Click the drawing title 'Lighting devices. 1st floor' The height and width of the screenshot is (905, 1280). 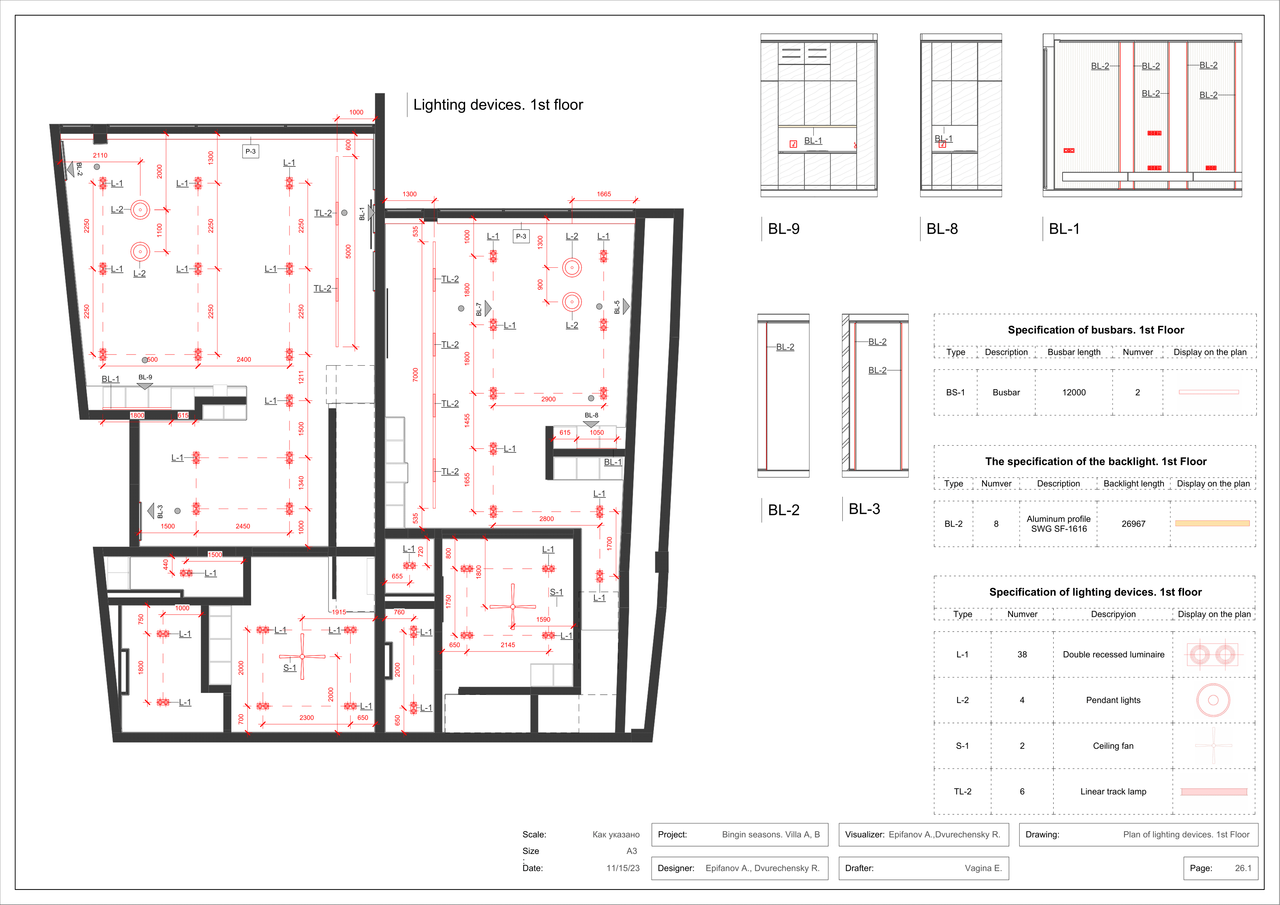click(498, 105)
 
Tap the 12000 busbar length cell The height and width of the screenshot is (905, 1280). click(1074, 393)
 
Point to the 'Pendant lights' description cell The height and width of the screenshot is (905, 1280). click(1113, 700)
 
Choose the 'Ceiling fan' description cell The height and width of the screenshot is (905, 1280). click(1113, 746)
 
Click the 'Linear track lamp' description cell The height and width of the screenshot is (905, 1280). click(1113, 792)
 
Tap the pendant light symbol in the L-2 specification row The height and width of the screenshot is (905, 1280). click(1213, 684)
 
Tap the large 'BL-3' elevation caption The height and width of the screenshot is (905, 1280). click(864, 509)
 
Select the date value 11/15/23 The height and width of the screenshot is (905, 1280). click(623, 868)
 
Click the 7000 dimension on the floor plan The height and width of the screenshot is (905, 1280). click(415, 375)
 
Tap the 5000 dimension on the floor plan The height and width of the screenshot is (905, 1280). click(348, 251)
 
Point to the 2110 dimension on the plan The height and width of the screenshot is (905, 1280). click(100, 156)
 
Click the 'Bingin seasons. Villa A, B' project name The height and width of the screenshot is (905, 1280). click(771, 835)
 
